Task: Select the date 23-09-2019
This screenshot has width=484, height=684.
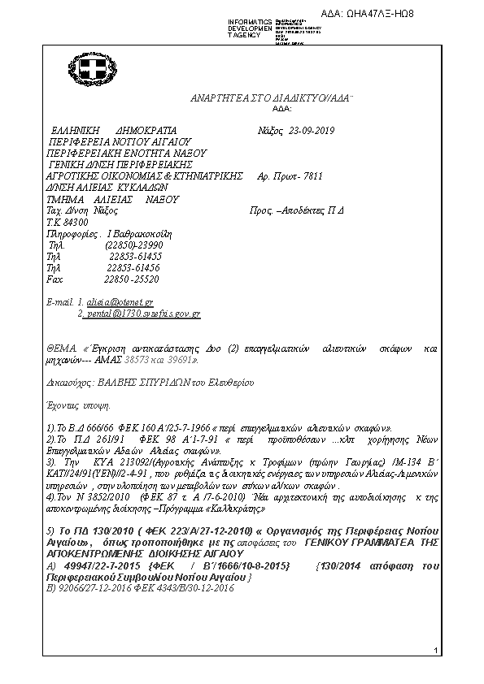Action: tap(312, 130)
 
